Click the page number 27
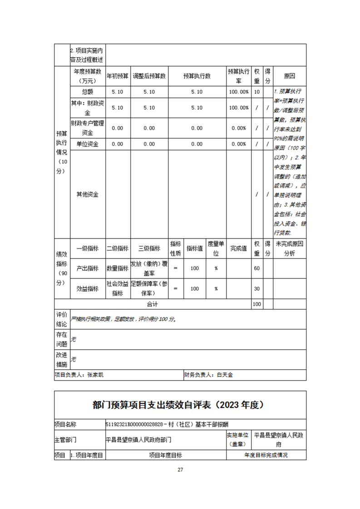(180, 470)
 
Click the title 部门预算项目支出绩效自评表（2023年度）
(180, 405)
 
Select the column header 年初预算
(118, 76)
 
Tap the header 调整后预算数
(149, 76)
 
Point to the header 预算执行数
(197, 76)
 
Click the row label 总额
(87, 92)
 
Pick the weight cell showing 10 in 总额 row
(256, 92)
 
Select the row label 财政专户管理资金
(87, 128)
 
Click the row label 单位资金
(87, 144)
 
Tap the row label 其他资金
(87, 195)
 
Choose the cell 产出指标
(87, 268)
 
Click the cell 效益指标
(87, 289)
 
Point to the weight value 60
(256, 268)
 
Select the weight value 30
(256, 289)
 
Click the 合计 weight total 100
(256, 304)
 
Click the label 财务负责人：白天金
(208, 375)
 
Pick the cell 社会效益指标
(118, 289)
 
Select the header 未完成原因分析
(289, 249)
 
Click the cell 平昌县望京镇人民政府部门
(138, 440)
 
